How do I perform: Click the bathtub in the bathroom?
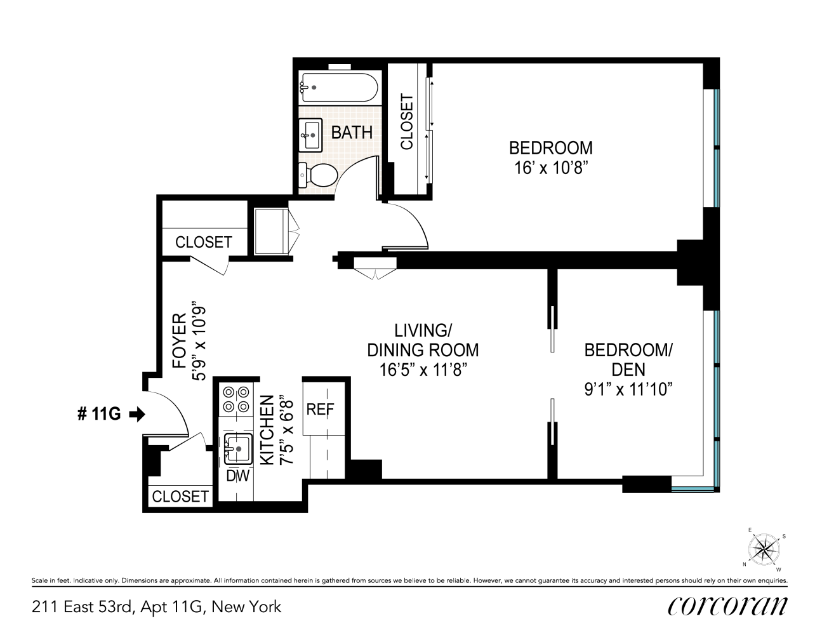[339, 87]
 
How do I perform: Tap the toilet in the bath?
[321, 175]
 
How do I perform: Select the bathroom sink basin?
[311, 134]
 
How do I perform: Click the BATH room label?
[352, 133]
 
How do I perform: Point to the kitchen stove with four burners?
[235, 399]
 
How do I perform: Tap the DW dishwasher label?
[238, 476]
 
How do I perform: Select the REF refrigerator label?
[320, 410]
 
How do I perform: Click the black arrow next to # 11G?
[137, 414]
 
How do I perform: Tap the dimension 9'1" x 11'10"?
[628, 389]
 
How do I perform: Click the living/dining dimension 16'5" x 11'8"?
[423, 370]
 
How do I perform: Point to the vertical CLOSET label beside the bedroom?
[406, 122]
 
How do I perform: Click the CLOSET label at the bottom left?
[180, 496]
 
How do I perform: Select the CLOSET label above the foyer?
[203, 242]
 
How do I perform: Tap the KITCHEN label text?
[268, 430]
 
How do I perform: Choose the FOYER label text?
[180, 340]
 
